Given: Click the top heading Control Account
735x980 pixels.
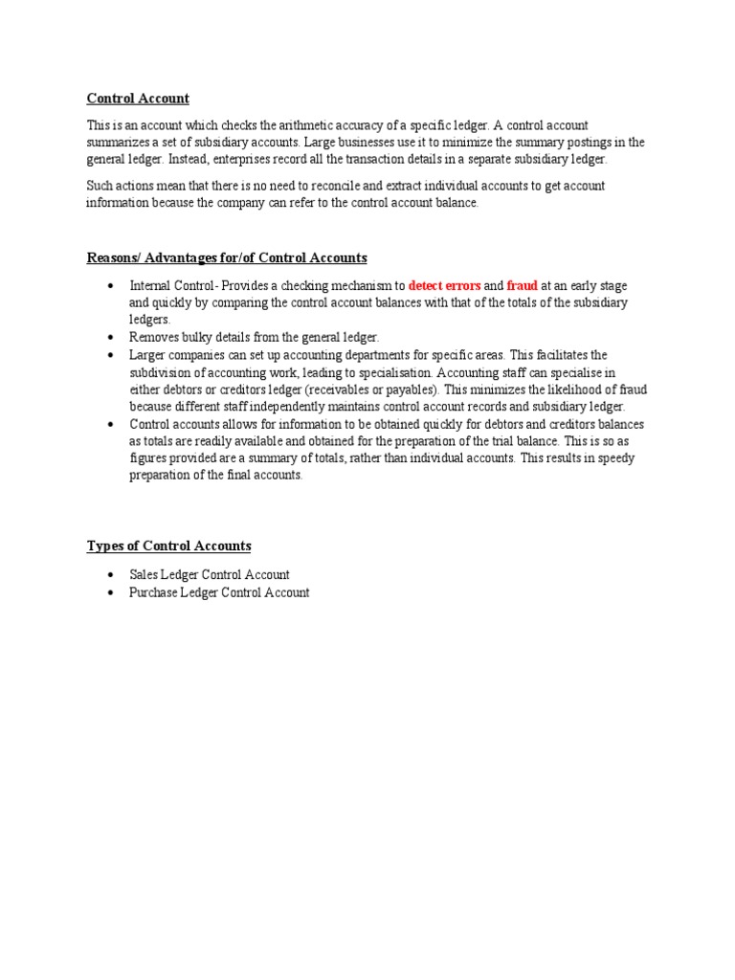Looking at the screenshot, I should (138, 99).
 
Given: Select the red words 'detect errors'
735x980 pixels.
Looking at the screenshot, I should (444, 286).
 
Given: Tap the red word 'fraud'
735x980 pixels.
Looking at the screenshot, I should (523, 286).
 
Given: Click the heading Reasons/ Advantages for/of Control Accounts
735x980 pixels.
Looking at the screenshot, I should (227, 258).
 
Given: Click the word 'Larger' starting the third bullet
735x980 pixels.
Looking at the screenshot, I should (148, 355).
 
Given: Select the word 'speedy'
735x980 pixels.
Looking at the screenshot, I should (614, 458).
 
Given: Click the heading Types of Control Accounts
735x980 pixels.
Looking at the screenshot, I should (168, 546).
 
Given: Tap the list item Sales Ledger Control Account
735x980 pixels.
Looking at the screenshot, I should (210, 575).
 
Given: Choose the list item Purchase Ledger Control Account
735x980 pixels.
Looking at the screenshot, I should (219, 592).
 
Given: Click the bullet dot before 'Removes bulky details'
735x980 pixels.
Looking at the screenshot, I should (112, 338).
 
